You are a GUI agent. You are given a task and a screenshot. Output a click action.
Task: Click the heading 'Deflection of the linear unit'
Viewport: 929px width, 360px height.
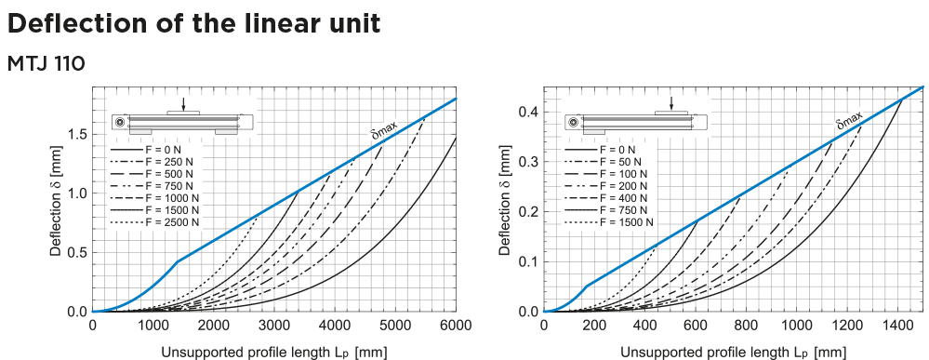pos(193,23)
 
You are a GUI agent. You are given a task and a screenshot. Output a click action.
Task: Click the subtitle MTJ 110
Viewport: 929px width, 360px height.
pos(46,64)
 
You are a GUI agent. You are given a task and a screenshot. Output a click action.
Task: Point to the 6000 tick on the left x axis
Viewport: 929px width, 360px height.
pos(456,325)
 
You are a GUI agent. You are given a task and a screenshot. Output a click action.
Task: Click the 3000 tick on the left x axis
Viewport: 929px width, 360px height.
pos(274,325)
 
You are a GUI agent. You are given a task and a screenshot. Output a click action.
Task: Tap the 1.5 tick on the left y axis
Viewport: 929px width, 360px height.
pos(77,134)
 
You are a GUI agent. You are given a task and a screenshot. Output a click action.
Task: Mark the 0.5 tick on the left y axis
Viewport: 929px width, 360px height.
pos(77,252)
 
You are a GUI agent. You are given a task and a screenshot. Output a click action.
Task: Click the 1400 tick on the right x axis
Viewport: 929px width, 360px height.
pos(897,325)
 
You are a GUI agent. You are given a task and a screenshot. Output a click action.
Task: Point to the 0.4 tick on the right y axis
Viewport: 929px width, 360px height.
pos(528,113)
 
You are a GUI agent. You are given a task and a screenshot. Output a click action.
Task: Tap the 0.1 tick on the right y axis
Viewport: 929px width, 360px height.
pos(528,261)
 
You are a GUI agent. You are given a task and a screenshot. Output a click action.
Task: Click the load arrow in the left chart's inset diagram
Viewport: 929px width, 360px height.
pos(184,102)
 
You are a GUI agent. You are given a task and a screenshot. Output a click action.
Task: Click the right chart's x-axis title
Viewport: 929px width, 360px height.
pos(733,352)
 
